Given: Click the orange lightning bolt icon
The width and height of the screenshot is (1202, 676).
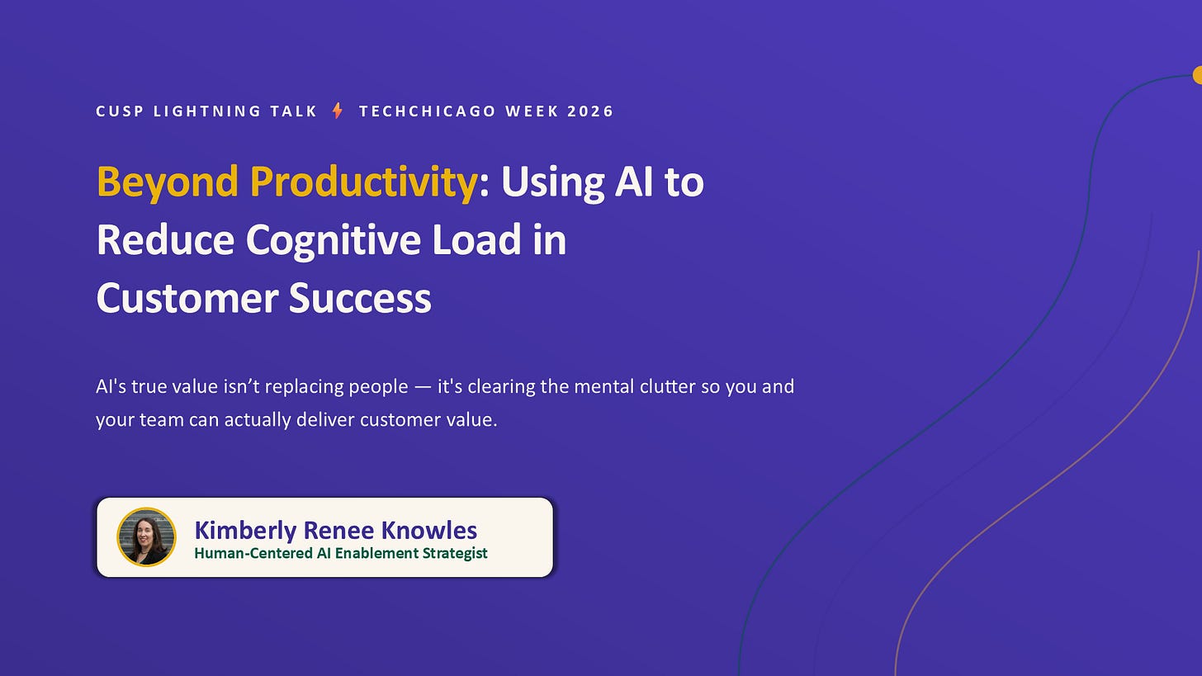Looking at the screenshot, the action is [x=338, y=111].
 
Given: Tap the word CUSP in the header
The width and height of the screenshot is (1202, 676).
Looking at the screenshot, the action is [x=120, y=111].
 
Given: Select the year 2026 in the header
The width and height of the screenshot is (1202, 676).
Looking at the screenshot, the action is [x=590, y=111].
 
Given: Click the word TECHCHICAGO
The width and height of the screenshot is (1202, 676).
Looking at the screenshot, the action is [x=428, y=111].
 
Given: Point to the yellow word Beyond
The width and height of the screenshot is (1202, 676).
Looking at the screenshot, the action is [x=168, y=182].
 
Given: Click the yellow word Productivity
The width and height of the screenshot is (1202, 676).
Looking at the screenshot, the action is [x=364, y=182].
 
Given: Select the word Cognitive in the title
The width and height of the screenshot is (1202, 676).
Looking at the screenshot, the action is [x=334, y=240].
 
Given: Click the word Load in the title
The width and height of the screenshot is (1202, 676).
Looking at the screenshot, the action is [x=476, y=239].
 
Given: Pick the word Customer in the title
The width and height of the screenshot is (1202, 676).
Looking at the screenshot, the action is [x=187, y=298].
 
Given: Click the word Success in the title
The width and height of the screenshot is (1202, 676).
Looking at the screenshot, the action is [x=360, y=298].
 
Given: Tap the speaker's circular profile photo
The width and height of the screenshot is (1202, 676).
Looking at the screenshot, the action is [x=146, y=537].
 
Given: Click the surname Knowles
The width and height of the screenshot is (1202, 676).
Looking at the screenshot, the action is [x=428, y=530].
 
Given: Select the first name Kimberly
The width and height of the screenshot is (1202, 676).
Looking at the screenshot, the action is [x=245, y=531].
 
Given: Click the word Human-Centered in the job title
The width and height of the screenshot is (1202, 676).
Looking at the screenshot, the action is [x=253, y=553].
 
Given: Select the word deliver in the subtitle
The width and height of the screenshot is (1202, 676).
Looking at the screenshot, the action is [x=325, y=419].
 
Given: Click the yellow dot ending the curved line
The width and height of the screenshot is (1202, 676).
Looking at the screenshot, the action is [x=1197, y=74].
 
